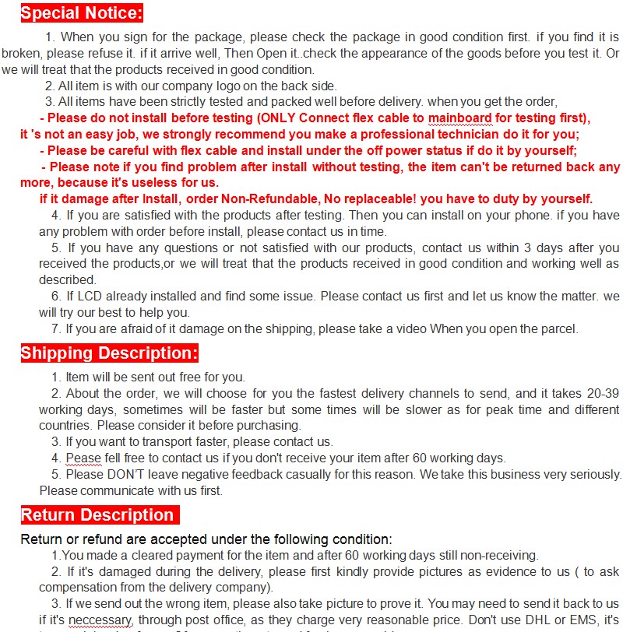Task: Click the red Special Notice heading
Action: point(82,13)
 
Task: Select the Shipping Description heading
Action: point(109,353)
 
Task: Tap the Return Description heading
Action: point(97,515)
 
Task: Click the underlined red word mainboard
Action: point(459,118)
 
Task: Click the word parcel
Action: point(557,329)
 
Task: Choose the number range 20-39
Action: point(601,394)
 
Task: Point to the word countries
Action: point(66,426)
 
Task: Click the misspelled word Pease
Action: point(83,458)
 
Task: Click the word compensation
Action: point(76,588)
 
